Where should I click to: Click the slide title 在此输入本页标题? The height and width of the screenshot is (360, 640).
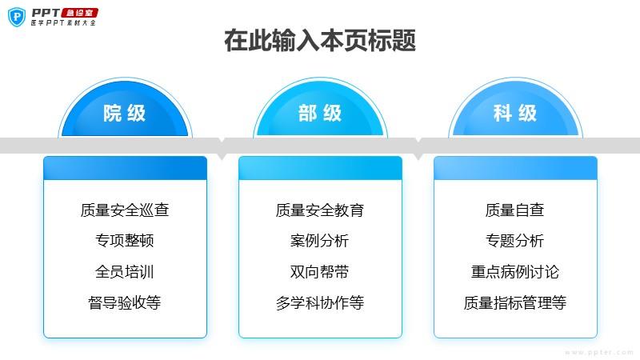[320, 41]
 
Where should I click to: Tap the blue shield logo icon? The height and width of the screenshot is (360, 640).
[17, 17]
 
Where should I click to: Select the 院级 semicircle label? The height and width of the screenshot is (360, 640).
[125, 113]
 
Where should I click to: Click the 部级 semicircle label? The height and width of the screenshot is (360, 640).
[320, 113]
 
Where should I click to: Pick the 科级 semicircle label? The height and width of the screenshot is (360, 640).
[515, 113]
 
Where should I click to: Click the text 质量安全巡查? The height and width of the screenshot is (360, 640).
[125, 210]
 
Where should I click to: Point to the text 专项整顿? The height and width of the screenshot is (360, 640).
[125, 241]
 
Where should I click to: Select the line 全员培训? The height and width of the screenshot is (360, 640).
[125, 272]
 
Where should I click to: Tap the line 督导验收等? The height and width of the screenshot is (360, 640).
[125, 303]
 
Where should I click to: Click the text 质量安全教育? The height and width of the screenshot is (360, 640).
[320, 210]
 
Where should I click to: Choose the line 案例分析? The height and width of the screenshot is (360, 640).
[319, 241]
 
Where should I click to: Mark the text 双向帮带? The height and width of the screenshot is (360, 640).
[319, 272]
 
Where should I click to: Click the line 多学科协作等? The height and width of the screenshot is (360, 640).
[320, 303]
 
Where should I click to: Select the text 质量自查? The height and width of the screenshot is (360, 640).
[514, 210]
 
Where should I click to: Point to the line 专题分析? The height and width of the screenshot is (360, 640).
[514, 241]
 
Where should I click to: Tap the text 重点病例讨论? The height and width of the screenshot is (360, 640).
[515, 272]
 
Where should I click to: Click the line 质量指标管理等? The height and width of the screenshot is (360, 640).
[515, 303]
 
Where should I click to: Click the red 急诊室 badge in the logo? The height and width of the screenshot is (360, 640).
[79, 13]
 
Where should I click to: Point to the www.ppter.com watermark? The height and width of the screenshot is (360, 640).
[598, 352]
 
